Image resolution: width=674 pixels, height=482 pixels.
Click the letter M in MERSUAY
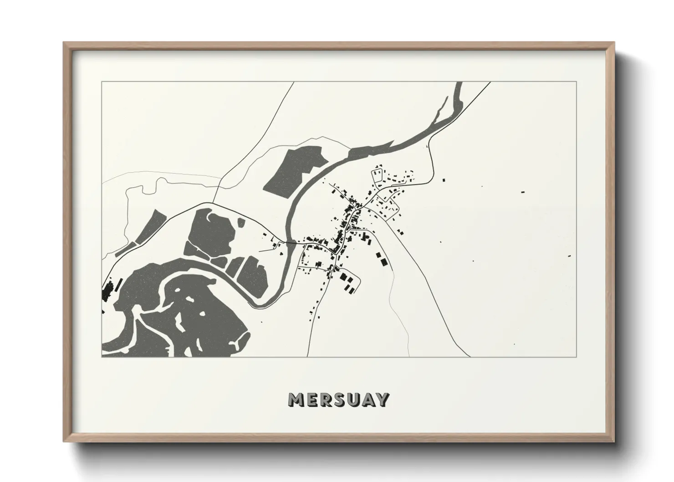(296, 400)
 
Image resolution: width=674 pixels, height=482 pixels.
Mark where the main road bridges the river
(287, 241)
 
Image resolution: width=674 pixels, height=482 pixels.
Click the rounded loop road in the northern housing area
(378, 175)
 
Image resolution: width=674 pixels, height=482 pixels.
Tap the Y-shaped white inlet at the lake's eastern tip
(241, 339)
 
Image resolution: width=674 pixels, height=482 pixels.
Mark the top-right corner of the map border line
(577, 82)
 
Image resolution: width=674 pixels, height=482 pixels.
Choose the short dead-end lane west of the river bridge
(266, 250)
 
